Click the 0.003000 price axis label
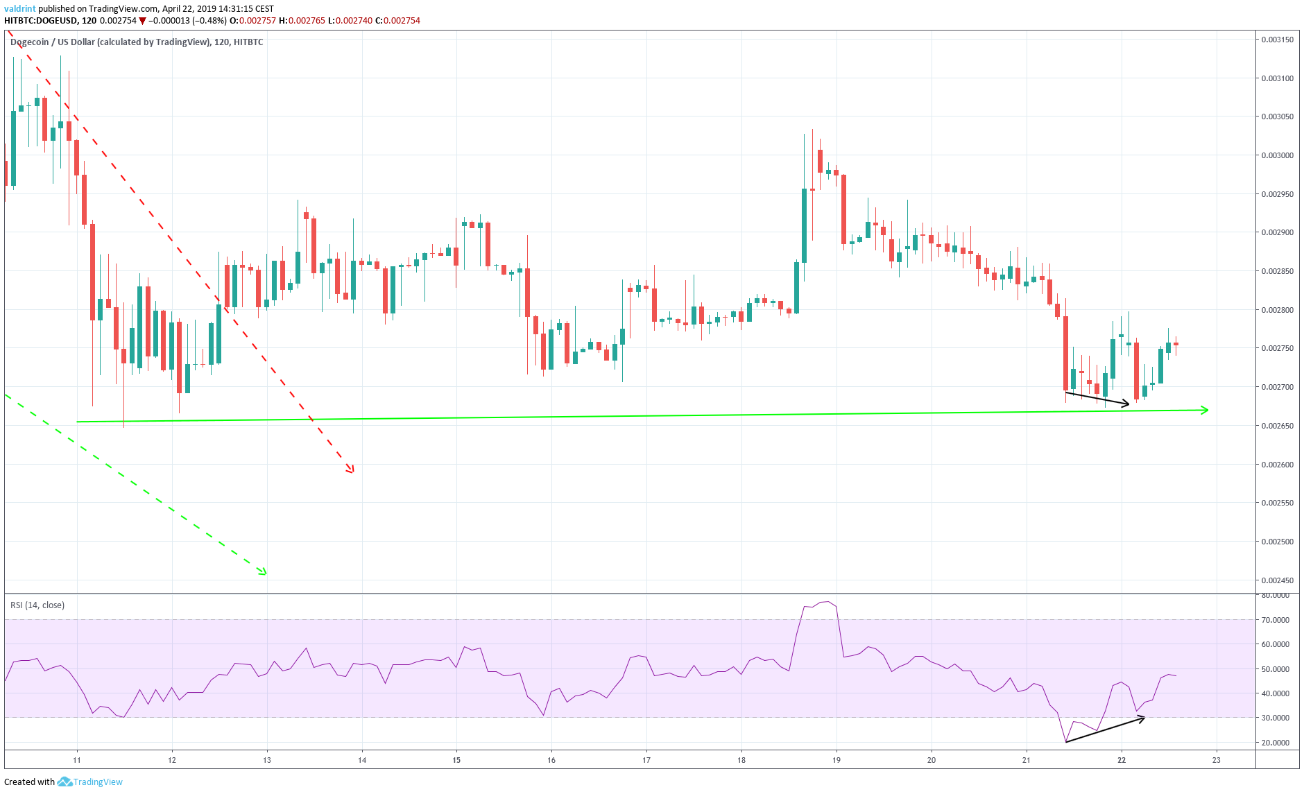(x=1277, y=155)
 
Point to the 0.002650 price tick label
(x=1277, y=426)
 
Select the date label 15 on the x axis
(x=456, y=760)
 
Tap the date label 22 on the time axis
(x=1122, y=760)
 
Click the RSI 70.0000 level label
(x=1276, y=620)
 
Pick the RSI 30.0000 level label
(x=1276, y=718)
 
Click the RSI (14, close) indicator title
(x=37, y=605)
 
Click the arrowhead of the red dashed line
(x=352, y=472)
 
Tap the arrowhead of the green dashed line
(x=264, y=573)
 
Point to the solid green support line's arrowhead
(x=1206, y=411)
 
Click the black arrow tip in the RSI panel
(x=1143, y=718)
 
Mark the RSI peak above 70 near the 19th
(x=826, y=602)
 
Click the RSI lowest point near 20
(x=1066, y=742)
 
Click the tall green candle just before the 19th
(x=804, y=225)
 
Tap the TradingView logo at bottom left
(x=90, y=782)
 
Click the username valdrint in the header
(x=19, y=9)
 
